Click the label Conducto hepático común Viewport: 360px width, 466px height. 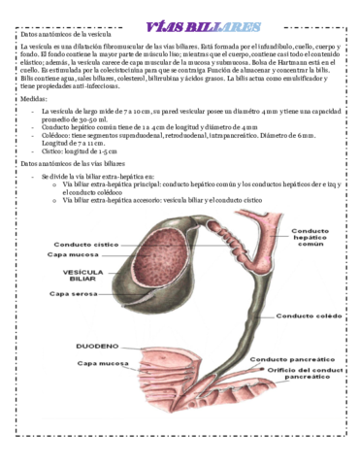[x=310, y=239]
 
